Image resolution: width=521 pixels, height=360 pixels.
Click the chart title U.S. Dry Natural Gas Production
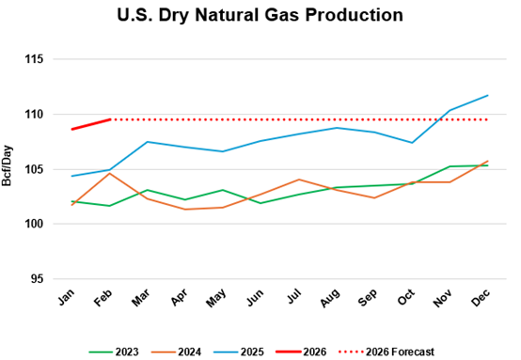260,16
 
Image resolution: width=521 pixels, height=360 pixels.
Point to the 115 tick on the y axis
38,59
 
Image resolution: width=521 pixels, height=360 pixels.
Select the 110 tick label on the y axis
38,115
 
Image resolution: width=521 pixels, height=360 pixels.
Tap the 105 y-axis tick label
38,169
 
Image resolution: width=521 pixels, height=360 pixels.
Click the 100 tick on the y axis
38,225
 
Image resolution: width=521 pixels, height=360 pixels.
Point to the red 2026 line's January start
73,129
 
